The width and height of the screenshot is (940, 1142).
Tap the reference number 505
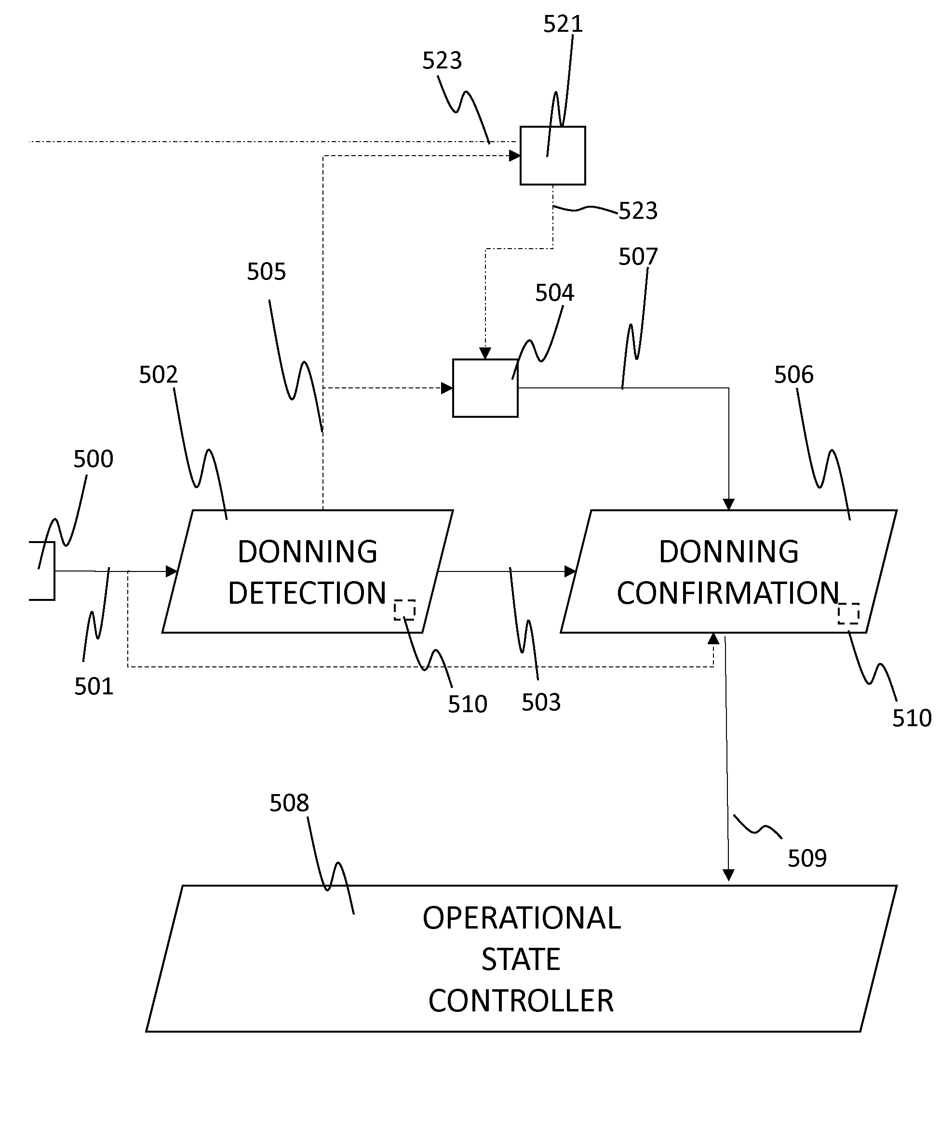point(267,272)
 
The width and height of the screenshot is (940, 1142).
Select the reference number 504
point(554,293)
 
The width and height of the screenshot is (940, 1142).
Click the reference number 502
point(158,374)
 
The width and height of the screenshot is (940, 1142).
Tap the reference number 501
point(94,687)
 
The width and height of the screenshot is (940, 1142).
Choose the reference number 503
point(541,703)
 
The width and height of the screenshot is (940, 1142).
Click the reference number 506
point(794,374)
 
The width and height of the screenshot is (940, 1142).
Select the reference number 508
point(289,803)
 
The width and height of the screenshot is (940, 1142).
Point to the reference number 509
point(807,858)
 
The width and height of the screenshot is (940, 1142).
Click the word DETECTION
point(307,593)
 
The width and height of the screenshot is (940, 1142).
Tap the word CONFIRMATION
point(728,593)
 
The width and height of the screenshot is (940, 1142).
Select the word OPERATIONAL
point(522,918)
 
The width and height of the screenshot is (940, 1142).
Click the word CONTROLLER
point(521,1001)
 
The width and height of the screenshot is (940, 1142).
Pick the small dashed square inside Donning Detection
point(404,610)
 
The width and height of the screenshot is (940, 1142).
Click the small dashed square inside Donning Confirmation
point(848,613)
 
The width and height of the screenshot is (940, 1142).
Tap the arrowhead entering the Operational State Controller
point(728,875)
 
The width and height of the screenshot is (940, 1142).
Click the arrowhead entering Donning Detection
point(172,571)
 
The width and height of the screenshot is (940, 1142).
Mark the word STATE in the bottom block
point(521,959)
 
